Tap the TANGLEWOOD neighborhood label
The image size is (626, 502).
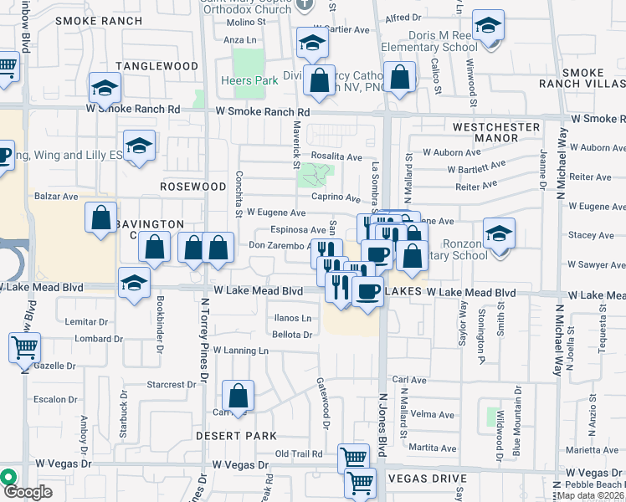click(x=156, y=66)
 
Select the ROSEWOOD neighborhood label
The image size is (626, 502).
click(x=193, y=186)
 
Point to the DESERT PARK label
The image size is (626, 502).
click(x=236, y=436)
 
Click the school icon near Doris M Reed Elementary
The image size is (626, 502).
click(x=488, y=26)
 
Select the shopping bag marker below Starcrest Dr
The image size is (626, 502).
click(x=239, y=395)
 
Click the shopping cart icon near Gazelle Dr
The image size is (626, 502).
click(x=25, y=346)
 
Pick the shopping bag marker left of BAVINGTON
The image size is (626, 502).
click(x=101, y=219)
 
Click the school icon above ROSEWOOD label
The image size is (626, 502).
click(x=139, y=146)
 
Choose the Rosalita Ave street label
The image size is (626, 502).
click(x=336, y=156)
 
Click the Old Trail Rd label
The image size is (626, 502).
click(x=299, y=454)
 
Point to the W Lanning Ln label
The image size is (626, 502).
click(x=240, y=351)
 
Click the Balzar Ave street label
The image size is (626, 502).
click(x=56, y=197)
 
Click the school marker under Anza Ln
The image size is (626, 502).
click(x=311, y=44)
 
